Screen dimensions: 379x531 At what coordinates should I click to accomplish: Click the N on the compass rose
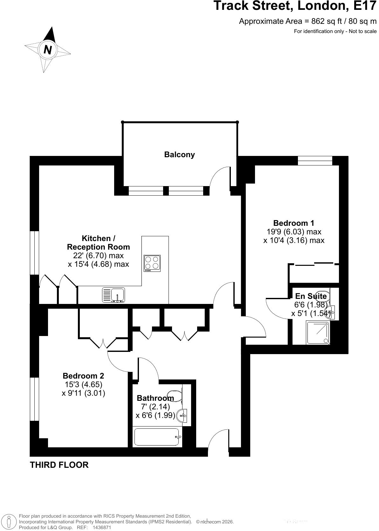pos(48,50)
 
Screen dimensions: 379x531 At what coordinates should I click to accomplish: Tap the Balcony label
pos(179,155)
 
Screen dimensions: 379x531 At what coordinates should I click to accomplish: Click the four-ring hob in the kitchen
pos(152,263)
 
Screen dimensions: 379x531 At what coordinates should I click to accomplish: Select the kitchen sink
pos(114,295)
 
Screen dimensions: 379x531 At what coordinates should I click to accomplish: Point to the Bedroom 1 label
pos(293,223)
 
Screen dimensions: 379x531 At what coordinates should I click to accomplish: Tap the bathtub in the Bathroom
pos(157,437)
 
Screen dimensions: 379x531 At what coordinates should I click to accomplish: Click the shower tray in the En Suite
pos(318,333)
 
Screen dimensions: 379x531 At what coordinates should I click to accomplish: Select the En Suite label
pos(311,296)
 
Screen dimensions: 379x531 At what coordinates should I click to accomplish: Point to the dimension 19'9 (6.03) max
pos(294,232)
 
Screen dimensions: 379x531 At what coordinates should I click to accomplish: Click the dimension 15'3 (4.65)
pos(83,384)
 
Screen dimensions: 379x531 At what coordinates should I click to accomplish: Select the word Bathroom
pos(155,398)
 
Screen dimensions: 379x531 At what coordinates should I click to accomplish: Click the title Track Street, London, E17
pos(295,6)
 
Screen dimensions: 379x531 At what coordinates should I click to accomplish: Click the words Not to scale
pos(362,31)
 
